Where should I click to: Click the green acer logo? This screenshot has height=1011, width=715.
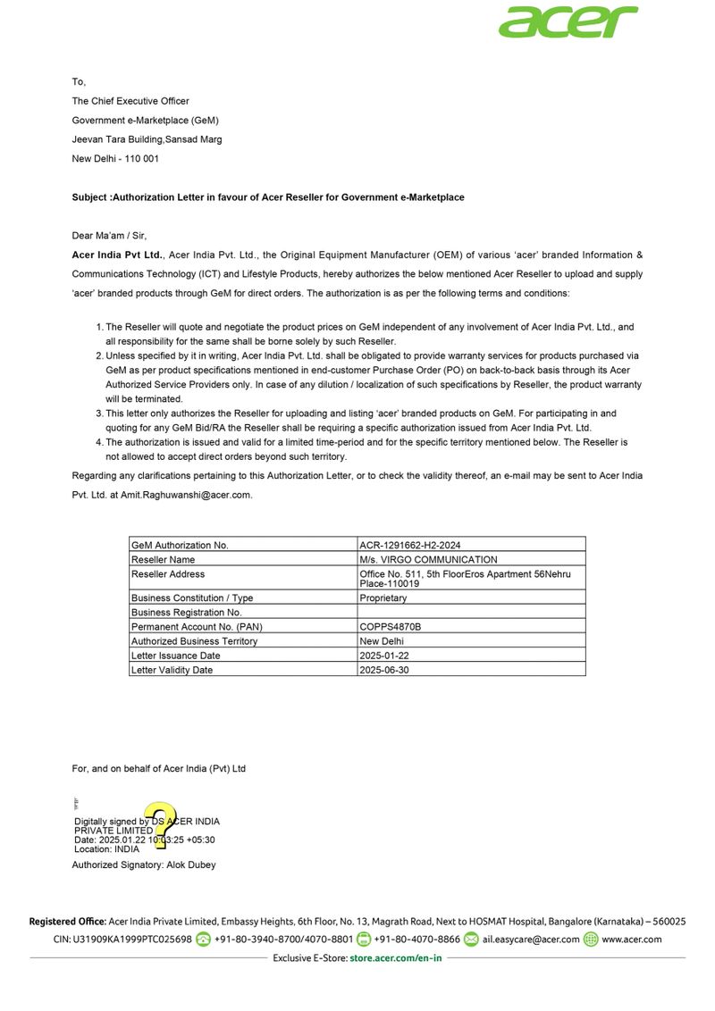pyautogui.click(x=568, y=21)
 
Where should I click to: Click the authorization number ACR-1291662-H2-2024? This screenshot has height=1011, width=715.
pyautogui.click(x=410, y=545)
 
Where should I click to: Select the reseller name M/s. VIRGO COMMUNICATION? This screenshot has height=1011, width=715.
pyautogui.click(x=428, y=559)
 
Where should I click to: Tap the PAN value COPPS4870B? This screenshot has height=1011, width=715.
pyautogui.click(x=390, y=627)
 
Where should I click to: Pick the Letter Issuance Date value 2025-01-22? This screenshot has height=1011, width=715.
pyautogui.click(x=384, y=656)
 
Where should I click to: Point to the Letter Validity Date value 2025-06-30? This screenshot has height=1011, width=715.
pyautogui.click(x=384, y=670)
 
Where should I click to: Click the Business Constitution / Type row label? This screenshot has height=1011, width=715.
pyautogui.click(x=192, y=598)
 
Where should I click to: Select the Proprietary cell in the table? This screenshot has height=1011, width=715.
pyautogui.click(x=383, y=598)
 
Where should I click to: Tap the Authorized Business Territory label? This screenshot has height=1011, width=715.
pyautogui.click(x=194, y=641)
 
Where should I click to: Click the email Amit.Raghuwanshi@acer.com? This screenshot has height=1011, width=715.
pyautogui.click(x=187, y=494)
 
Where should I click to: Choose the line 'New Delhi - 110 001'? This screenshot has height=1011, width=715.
pyautogui.click(x=115, y=158)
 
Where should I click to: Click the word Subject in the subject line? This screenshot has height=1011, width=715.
pyautogui.click(x=90, y=197)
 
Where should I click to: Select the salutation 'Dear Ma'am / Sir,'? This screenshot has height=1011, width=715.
pyautogui.click(x=108, y=236)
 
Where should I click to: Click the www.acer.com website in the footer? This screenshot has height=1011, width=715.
pyautogui.click(x=632, y=940)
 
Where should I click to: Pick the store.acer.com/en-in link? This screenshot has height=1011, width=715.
pyautogui.click(x=395, y=958)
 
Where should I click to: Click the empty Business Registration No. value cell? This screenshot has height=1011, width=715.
pyautogui.click(x=471, y=613)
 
